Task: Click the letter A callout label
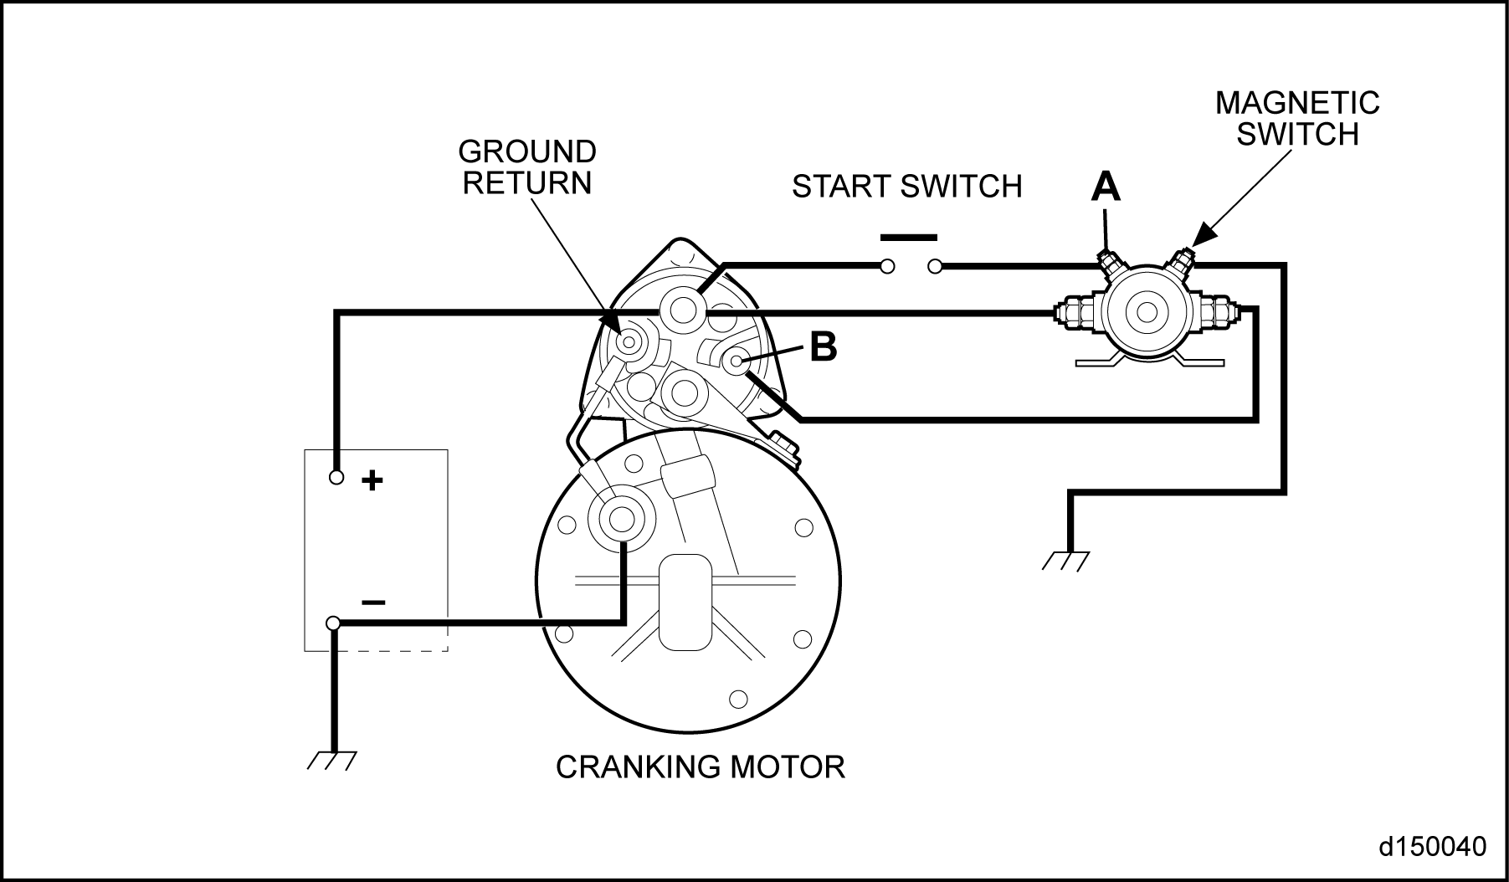tap(1106, 187)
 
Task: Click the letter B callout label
tap(824, 346)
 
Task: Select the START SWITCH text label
tap(907, 186)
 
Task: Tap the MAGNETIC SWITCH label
tap(1297, 118)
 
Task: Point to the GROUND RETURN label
tap(527, 167)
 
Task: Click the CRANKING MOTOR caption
tap(701, 767)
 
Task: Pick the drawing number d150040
tap(1432, 846)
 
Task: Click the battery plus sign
tap(372, 480)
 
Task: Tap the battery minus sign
tap(372, 603)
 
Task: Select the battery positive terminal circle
tap(336, 477)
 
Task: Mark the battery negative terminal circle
tap(333, 623)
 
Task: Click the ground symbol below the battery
tap(333, 760)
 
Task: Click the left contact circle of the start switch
tap(887, 267)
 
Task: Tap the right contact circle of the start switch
tap(935, 267)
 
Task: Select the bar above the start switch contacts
tap(908, 237)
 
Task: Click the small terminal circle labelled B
tap(736, 362)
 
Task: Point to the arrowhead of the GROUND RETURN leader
tap(612, 321)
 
